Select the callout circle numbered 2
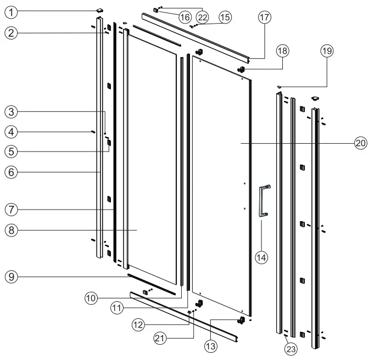pos(10,33)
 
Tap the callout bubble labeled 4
pos(10,132)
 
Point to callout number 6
pos(10,171)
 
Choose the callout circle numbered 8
pos(10,230)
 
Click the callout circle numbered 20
pos(359,143)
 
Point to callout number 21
pos(160,339)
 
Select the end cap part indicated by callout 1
pos(100,9)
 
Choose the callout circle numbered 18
pos(282,50)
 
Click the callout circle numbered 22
pos(203,18)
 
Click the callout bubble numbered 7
pos(10,209)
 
